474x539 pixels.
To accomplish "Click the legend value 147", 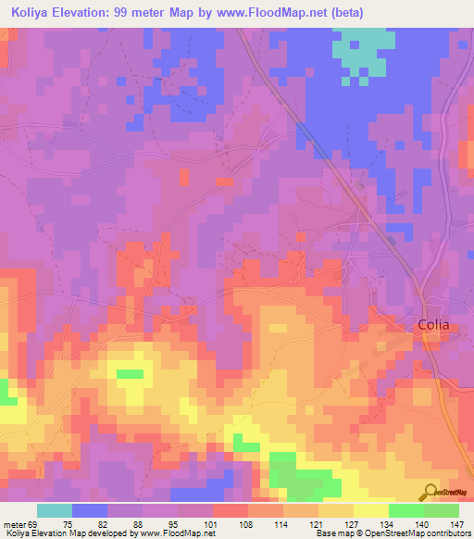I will pyautogui.click(x=458, y=523).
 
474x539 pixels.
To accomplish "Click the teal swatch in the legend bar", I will pyautogui.click(x=55, y=510).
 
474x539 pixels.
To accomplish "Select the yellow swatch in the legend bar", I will pyautogui.click(x=370, y=510).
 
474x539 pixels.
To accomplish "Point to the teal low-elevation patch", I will pyautogui.click(x=362, y=51).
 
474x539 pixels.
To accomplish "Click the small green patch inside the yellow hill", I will pyautogui.click(x=130, y=374).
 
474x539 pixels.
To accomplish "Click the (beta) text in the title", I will pyautogui.click(x=344, y=13).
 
